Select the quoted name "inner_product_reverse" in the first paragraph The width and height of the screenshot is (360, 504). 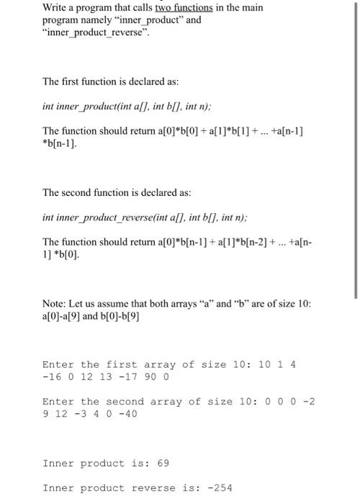[x=96, y=32]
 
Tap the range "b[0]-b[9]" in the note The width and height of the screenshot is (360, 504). [x=126, y=317]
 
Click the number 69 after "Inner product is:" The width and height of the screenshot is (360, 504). [x=163, y=463]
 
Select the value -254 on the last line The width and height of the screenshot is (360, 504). [x=220, y=487]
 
